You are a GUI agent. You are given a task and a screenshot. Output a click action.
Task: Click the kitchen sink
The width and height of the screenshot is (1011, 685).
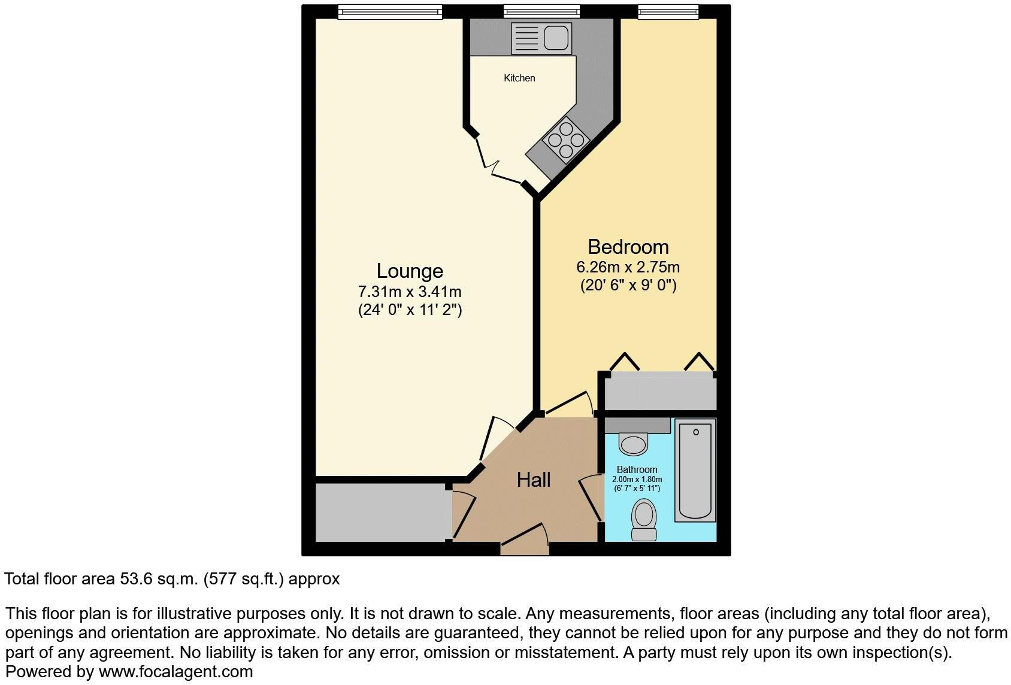pyautogui.click(x=539, y=37)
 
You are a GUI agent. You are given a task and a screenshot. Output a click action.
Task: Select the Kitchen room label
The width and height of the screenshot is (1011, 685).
pyautogui.click(x=519, y=78)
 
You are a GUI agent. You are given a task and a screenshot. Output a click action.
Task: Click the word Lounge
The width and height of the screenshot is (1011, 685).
pyautogui.click(x=410, y=271)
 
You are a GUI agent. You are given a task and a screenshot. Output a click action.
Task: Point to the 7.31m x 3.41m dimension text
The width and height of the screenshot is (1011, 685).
pyautogui.click(x=410, y=292)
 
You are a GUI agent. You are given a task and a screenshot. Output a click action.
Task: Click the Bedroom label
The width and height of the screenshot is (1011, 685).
pyautogui.click(x=628, y=247)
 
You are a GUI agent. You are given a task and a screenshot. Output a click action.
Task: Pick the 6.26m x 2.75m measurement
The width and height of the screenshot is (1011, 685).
pyautogui.click(x=628, y=267)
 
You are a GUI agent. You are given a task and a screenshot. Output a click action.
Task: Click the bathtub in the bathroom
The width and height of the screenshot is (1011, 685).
pyautogui.click(x=695, y=470)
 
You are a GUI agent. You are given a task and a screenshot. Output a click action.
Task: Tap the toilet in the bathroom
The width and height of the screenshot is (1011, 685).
pyautogui.click(x=644, y=521)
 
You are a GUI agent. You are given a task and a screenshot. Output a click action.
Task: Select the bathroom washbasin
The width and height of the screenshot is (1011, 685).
pyautogui.click(x=634, y=443)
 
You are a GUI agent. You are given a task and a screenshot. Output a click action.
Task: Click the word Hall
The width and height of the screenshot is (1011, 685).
pyautogui.click(x=534, y=480)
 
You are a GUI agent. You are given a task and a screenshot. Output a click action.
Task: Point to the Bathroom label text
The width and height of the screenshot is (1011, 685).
pyautogui.click(x=637, y=470)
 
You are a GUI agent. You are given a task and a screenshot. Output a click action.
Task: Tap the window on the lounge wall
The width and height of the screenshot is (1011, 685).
pyautogui.click(x=389, y=11)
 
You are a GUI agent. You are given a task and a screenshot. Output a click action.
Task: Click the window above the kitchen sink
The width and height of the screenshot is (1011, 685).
pyautogui.click(x=541, y=11)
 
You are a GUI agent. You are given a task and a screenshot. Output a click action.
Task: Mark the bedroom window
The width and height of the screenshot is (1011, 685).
pyautogui.click(x=668, y=11)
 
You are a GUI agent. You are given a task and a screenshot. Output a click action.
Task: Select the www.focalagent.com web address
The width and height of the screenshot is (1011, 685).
pyautogui.click(x=175, y=672)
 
